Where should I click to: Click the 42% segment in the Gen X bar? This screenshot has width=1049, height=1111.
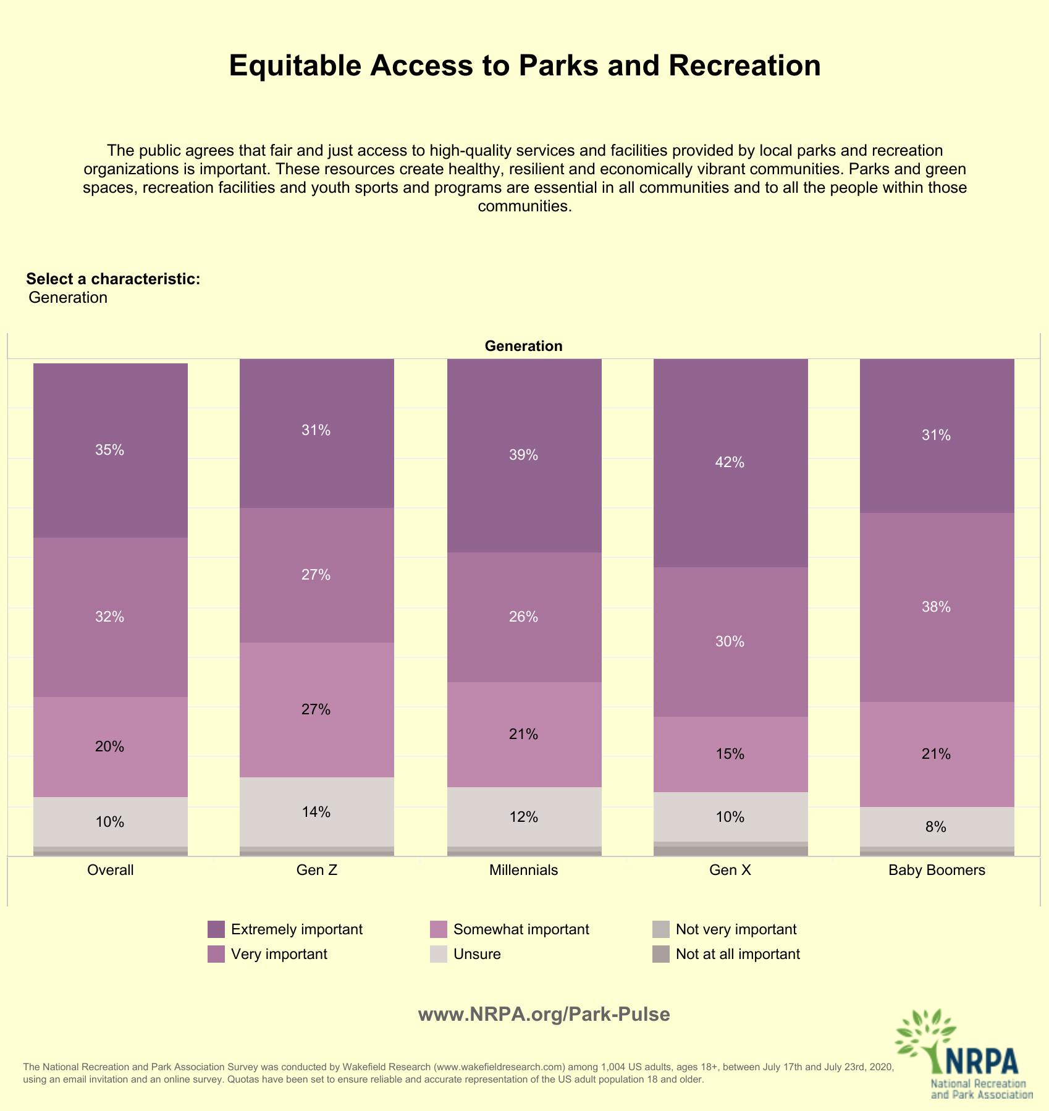[x=731, y=463]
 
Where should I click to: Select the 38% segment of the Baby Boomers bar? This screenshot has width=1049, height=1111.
[x=937, y=607]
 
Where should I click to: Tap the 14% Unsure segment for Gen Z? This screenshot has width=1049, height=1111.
[x=317, y=812]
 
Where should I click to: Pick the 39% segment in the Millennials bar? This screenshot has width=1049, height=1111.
[x=524, y=455]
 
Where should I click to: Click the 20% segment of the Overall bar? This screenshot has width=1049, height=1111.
[x=111, y=747]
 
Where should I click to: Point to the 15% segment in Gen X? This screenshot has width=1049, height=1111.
[x=731, y=754]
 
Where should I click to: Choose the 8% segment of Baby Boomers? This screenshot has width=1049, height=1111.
[x=937, y=827]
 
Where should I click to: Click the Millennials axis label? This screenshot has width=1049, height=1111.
[x=524, y=871]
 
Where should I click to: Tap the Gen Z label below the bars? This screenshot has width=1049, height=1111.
[x=317, y=871]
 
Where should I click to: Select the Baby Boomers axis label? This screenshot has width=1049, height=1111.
[x=937, y=871]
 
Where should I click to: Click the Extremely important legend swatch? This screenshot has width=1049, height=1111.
[x=216, y=929]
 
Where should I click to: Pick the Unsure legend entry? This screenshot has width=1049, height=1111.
[x=465, y=954]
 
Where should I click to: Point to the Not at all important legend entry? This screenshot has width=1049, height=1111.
[x=727, y=954]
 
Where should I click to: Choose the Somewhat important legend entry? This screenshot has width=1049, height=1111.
[x=510, y=929]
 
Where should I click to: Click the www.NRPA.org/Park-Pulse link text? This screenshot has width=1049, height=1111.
[x=544, y=1015]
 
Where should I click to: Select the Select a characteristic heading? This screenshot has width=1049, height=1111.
[x=113, y=279]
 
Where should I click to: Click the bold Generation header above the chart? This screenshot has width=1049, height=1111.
[x=524, y=346]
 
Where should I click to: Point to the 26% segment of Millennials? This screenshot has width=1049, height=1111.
[x=524, y=617]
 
